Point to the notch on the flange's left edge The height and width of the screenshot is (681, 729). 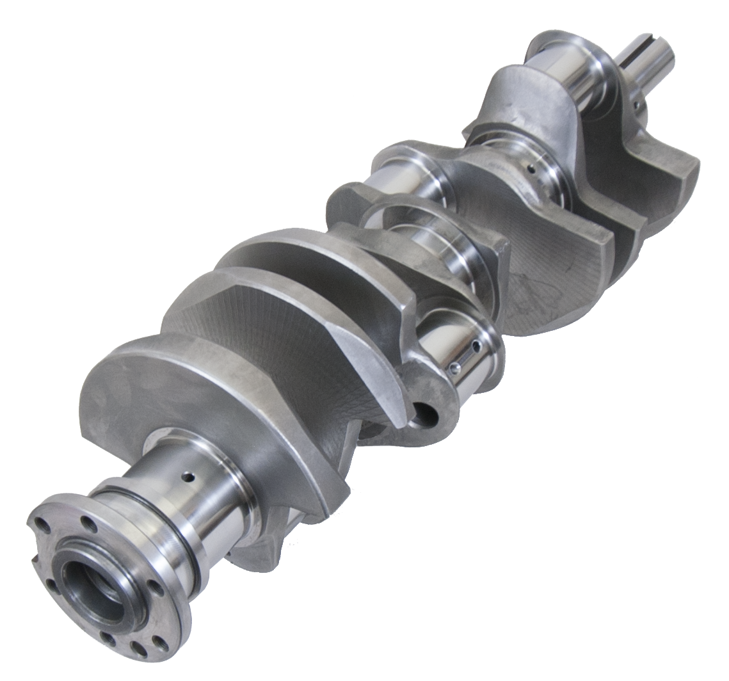(34, 561)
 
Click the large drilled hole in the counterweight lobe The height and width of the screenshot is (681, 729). (424, 415)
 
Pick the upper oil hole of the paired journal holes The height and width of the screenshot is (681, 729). (475, 346)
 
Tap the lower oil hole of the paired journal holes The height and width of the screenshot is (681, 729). (454, 368)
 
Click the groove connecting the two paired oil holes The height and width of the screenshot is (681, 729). (465, 357)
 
